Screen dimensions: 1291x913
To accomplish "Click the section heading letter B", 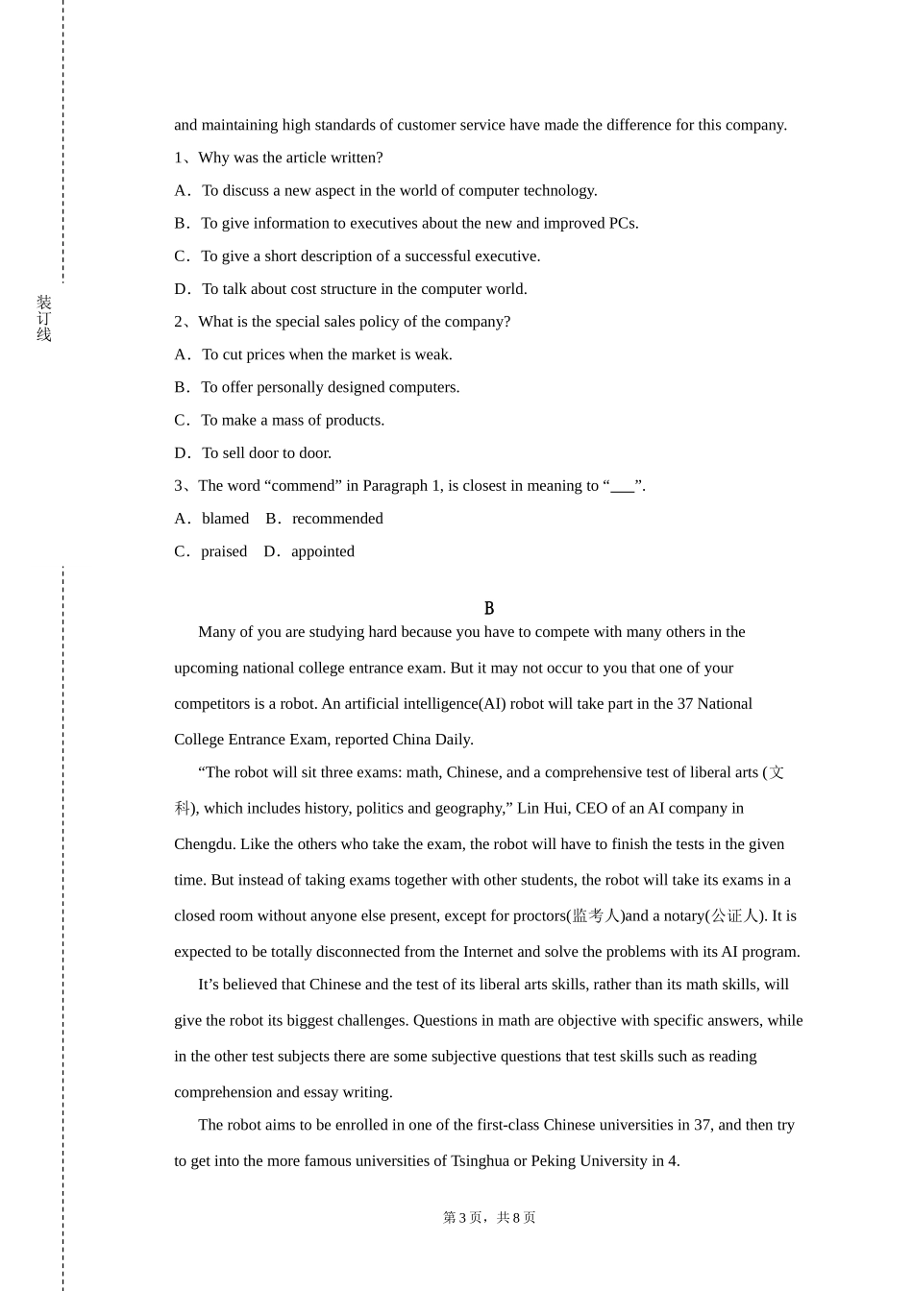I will (x=489, y=608).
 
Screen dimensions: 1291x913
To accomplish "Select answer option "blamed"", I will (x=225, y=519).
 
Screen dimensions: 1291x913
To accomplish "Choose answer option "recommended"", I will (x=337, y=519).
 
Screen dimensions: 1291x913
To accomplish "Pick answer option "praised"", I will (x=224, y=551).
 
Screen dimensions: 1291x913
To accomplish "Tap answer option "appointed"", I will (x=323, y=551).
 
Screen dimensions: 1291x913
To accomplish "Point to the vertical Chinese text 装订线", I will (x=44, y=319).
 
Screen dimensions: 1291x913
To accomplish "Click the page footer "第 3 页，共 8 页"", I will (x=489, y=1218).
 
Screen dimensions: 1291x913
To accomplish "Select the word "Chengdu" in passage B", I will (x=203, y=844).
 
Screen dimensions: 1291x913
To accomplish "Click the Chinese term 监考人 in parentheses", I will (x=596, y=916).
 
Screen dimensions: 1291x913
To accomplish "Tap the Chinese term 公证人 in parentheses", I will (x=735, y=916).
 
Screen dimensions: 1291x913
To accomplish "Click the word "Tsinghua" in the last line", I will (x=481, y=1161).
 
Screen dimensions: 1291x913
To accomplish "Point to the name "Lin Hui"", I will (x=543, y=809).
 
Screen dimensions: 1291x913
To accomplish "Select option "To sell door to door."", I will (x=266, y=453).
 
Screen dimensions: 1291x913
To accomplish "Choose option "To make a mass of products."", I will (x=292, y=421).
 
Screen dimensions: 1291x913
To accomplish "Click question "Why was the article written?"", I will (x=290, y=158).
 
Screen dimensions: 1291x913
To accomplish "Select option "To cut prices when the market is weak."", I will (x=327, y=355).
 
